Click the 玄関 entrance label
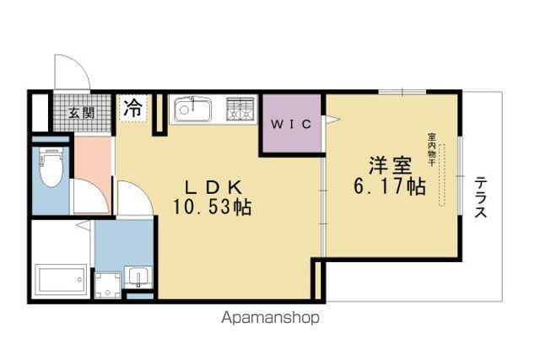(81, 112)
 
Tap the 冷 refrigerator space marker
(132, 108)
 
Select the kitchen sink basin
(192, 110)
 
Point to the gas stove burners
(240, 109)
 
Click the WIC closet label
(291, 124)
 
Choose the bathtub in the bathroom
(62, 280)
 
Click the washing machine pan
(108, 285)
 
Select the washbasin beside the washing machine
(138, 277)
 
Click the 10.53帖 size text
(212, 207)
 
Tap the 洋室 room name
(390, 166)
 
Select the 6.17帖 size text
(390, 186)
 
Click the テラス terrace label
(480, 197)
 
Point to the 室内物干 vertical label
(431, 150)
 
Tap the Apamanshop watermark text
(270, 318)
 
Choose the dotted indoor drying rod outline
(441, 175)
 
